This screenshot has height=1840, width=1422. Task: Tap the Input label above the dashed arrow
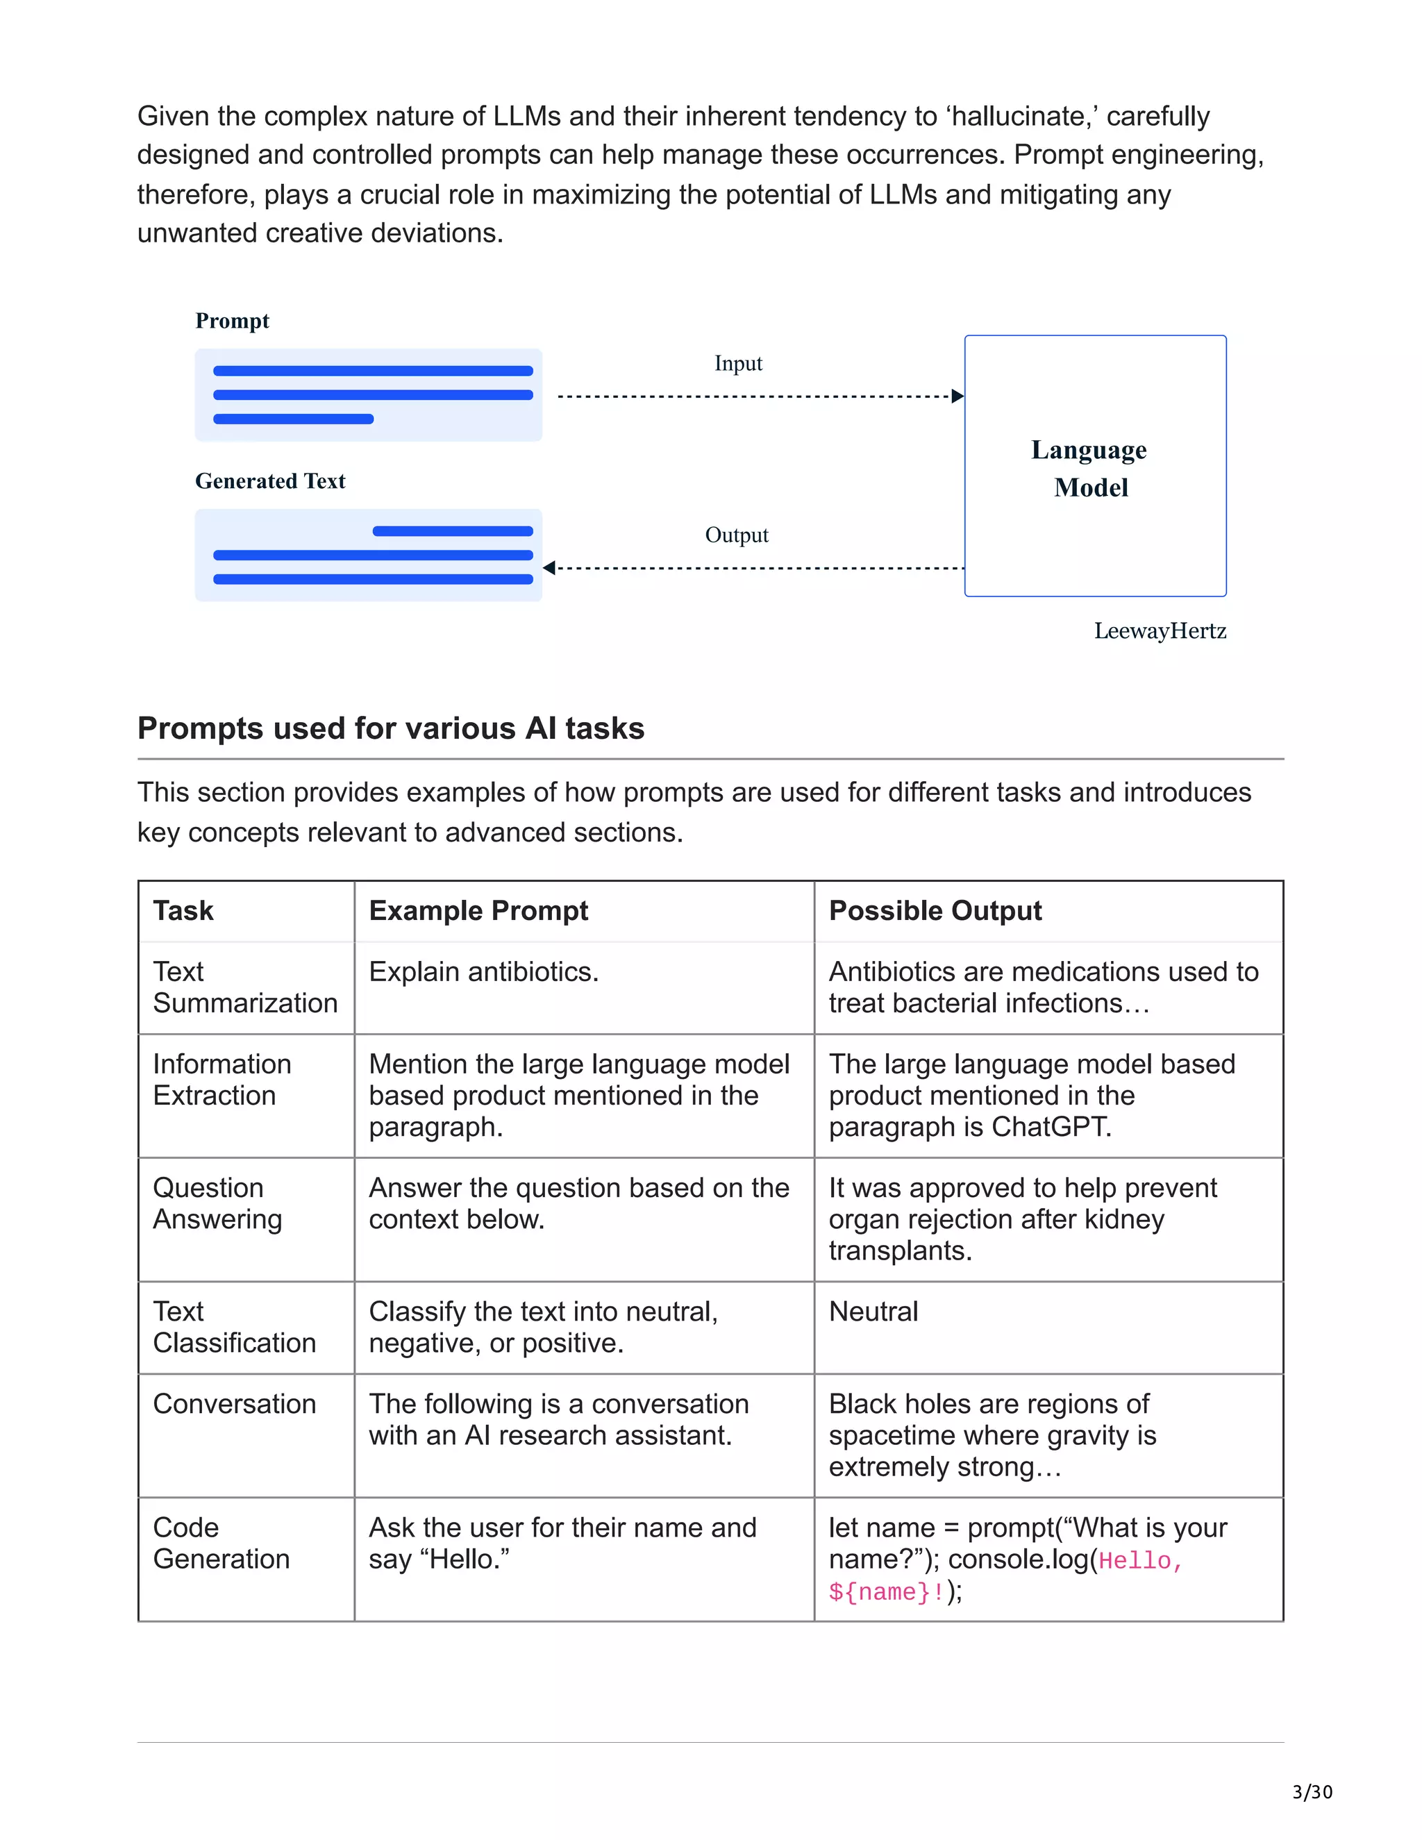[x=738, y=363]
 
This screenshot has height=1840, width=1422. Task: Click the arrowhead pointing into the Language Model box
[x=957, y=396]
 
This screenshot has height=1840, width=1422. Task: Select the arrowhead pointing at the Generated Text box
[x=549, y=568]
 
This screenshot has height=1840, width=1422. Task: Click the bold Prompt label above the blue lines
[x=232, y=321]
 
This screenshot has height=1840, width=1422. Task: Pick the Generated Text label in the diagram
[x=269, y=481]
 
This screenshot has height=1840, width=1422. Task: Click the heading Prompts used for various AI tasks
[x=390, y=728]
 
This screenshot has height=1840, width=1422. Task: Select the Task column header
[x=183, y=911]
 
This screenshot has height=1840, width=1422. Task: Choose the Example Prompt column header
[x=478, y=911]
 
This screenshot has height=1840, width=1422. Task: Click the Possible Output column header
[x=935, y=911]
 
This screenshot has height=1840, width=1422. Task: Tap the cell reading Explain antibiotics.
[x=483, y=972]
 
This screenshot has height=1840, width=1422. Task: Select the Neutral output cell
[x=873, y=1312]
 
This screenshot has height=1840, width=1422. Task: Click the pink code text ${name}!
[x=885, y=1592]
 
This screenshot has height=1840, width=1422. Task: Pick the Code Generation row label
[x=221, y=1544]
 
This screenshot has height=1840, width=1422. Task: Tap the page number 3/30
[x=1312, y=1792]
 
